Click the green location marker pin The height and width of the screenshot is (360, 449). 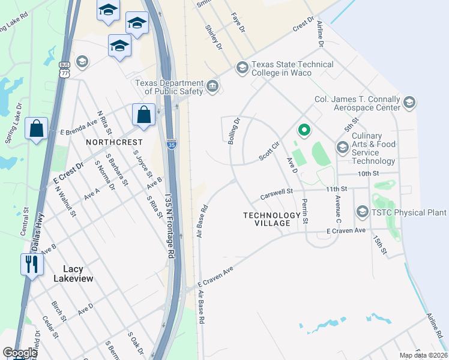coord(304,130)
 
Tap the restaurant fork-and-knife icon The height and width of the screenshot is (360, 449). coord(32,264)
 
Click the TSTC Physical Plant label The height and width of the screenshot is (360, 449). coord(409,212)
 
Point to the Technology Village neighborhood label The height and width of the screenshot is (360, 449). coord(272,219)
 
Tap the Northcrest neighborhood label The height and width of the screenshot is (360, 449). coord(114,142)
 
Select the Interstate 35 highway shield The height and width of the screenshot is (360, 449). coord(171,144)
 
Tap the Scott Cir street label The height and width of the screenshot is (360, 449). coord(269,150)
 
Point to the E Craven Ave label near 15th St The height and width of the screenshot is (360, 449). coord(346,230)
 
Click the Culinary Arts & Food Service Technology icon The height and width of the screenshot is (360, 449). coord(343,148)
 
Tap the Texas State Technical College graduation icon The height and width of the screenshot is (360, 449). coord(243,67)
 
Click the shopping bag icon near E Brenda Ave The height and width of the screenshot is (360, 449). coord(145,115)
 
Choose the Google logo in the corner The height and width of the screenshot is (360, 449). coord(20,353)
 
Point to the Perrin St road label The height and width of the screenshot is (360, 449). coord(305,211)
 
